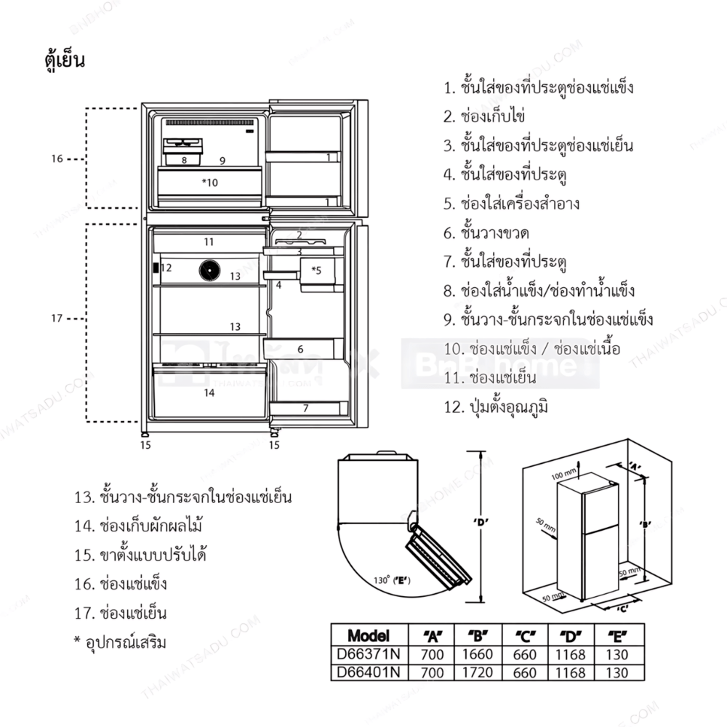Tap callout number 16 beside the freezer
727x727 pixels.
tap(57, 158)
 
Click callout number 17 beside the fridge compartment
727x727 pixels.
tap(57, 318)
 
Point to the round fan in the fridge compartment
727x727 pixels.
tap(210, 270)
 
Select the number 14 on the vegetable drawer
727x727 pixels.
tap(209, 393)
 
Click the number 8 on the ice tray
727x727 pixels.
tap(185, 159)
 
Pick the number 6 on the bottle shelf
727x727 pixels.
tap(300, 349)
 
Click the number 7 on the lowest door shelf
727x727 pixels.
tap(305, 408)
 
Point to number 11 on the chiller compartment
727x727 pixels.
tap(209, 241)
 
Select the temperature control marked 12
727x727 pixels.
tap(156, 268)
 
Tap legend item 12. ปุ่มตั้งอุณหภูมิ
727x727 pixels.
tap(496, 406)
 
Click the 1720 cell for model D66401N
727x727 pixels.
tap(477, 672)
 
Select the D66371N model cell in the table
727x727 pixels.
tap(369, 654)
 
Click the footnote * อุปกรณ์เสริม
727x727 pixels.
tap(120, 642)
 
